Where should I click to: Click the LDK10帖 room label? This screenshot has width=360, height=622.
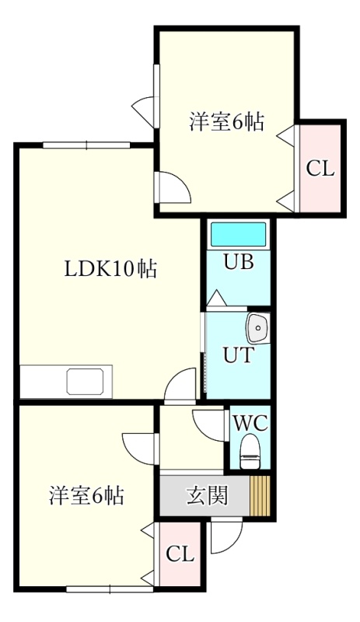tap(110, 269)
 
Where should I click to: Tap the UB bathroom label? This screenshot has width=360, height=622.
tap(239, 262)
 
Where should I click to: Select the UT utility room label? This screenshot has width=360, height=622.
tap(238, 355)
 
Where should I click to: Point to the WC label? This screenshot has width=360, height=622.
tap(250, 423)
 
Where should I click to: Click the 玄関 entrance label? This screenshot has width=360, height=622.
tap(207, 495)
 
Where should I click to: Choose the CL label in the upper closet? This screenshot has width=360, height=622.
tap(320, 169)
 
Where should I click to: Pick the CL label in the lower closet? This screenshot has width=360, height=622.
tap(180, 554)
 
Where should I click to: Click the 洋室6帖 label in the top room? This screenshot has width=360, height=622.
tap(226, 122)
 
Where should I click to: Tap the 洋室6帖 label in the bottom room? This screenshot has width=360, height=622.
tap(86, 495)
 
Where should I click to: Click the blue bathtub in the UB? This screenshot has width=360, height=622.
tap(238, 235)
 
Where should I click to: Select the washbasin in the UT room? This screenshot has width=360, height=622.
tap(258, 328)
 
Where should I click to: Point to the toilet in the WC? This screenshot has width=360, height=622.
tap(250, 452)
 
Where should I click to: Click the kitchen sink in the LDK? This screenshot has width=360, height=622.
tap(86, 382)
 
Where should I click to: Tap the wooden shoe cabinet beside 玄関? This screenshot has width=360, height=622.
tap(260, 495)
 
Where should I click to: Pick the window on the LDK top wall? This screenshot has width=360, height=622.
tap(86, 145)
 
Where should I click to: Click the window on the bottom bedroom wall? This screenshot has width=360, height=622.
tap(110, 589)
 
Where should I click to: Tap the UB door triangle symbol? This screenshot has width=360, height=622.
tap(217, 298)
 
